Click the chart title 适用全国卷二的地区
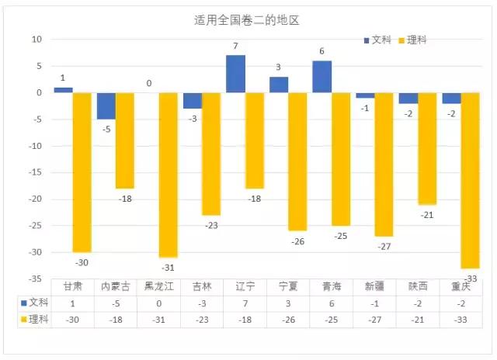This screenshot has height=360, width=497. point(247,21)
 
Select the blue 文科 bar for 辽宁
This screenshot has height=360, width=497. point(236,74)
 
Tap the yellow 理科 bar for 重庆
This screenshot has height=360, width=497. point(470,180)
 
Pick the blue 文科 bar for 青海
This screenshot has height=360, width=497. point(322,77)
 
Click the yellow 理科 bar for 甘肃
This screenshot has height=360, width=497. point(82,172)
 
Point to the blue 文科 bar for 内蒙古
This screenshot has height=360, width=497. point(106,106)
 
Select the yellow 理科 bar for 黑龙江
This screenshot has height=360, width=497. point(169,175)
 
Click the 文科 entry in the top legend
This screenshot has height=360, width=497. point(377,40)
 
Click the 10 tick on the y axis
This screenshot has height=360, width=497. point(36,40)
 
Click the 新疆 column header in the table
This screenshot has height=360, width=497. point(375,286)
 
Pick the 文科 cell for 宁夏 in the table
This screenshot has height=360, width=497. point(289,303)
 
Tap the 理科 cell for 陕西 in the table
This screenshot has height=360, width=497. point(418,319)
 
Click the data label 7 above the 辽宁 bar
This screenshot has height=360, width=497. point(235,47)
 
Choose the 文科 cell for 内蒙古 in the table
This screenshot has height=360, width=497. point(116,303)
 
